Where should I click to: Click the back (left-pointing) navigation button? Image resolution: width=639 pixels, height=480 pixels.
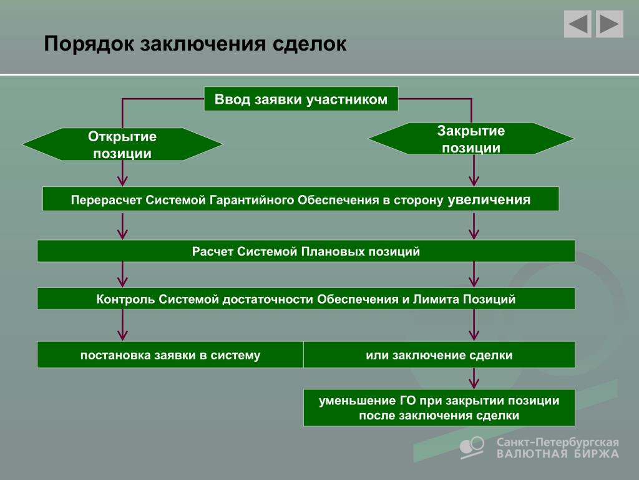(577, 24)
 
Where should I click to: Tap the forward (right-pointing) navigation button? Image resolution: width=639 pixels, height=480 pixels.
(609, 24)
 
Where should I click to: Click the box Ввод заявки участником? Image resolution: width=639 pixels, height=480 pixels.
(301, 99)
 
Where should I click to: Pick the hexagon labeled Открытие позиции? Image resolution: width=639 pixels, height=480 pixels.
(122, 144)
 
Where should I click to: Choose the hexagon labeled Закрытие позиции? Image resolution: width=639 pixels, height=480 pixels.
(471, 139)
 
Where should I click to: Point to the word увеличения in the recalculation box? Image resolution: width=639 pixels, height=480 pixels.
(489, 199)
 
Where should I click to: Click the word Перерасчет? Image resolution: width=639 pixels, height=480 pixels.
(106, 200)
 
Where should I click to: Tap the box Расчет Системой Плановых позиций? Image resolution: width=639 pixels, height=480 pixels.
(306, 251)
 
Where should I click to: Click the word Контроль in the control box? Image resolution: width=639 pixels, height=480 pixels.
(125, 299)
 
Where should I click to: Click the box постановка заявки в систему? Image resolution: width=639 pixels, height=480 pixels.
(170, 355)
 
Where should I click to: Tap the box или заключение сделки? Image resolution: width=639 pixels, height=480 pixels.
(439, 355)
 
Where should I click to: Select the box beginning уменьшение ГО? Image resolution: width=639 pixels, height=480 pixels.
(439, 407)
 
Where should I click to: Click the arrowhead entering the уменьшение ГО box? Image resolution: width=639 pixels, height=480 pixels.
(474, 384)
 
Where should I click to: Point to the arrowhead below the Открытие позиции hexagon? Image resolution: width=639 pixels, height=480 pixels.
(122, 181)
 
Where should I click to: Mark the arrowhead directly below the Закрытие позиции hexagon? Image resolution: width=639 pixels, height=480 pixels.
(474, 181)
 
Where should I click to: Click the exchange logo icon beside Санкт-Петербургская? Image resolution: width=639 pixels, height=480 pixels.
(472, 446)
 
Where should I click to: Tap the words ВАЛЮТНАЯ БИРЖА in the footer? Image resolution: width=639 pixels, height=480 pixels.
(557, 454)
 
